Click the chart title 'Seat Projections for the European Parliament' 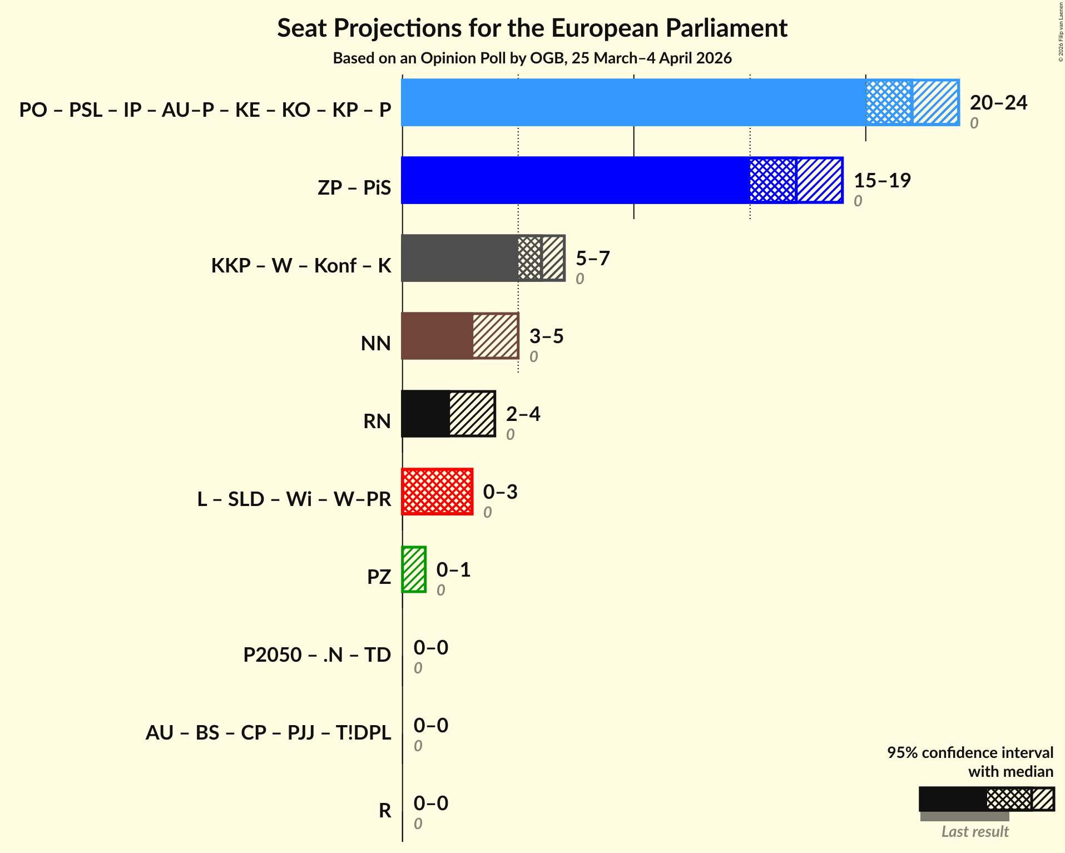coord(532,28)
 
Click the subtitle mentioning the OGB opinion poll coord(532,58)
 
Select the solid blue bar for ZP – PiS coord(575,180)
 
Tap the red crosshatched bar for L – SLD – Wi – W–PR coord(437,492)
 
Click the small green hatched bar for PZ coord(414,569)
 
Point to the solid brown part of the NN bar coord(437,336)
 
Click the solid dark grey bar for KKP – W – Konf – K coord(459,258)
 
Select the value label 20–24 coord(998,103)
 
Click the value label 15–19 coord(882,181)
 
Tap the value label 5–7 coord(592,259)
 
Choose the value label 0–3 coord(500,492)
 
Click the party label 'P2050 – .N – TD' coord(317,654)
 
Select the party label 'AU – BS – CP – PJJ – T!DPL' coord(268,732)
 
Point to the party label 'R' coord(385,810)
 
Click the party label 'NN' coord(376,343)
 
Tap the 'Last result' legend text coord(975,832)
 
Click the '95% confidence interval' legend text coord(970,752)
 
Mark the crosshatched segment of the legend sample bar coord(1009,800)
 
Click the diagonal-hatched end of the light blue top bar coord(935,102)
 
